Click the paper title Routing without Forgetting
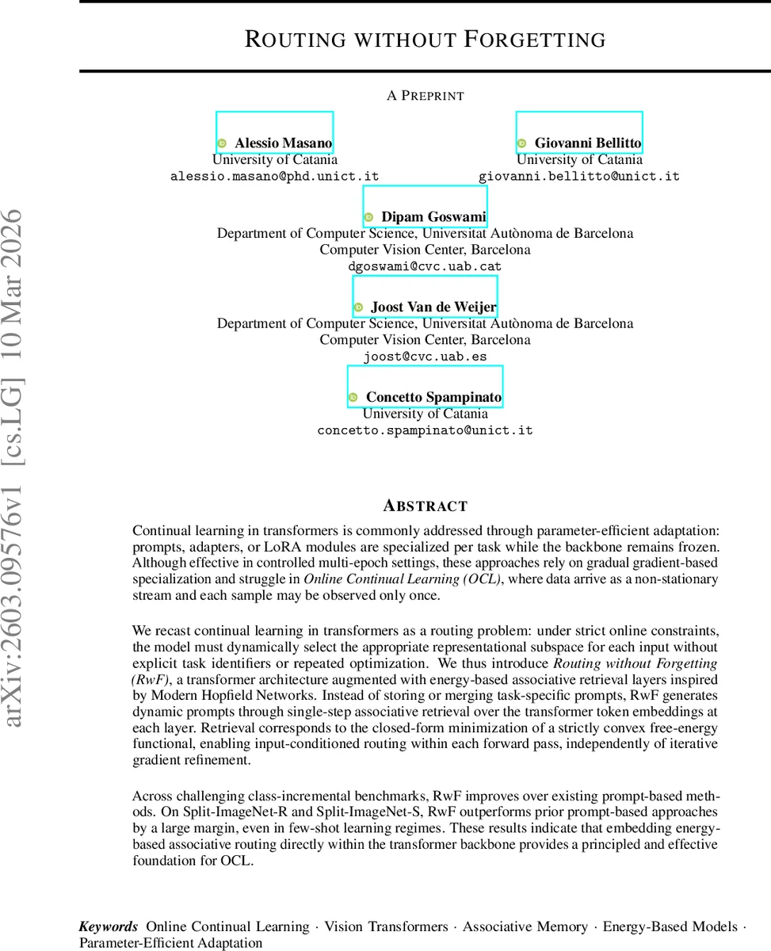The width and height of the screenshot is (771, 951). pos(425,40)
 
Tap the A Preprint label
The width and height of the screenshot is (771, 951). pos(425,96)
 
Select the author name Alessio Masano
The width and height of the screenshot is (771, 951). pos(283,143)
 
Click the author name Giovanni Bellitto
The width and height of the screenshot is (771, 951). pos(587,143)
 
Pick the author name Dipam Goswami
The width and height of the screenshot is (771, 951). pos(433,217)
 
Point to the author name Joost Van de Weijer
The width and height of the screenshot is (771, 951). pos(433,307)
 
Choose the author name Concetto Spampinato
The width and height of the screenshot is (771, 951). pos(433,397)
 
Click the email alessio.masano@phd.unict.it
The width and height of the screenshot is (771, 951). pos(275,177)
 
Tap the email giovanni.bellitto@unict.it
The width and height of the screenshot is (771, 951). pos(579,177)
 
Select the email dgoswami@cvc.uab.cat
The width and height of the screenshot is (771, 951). pos(425,266)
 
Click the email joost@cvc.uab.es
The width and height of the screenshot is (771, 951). pos(425,357)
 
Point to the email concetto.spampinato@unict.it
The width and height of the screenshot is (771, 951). pos(425,431)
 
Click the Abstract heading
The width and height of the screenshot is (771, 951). pos(425,506)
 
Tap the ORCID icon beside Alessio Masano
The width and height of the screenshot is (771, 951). pos(222,143)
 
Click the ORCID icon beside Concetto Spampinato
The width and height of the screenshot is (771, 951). pos(353,397)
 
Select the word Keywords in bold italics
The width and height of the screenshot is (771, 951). pos(109,926)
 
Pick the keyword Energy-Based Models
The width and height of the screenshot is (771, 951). pos(669,926)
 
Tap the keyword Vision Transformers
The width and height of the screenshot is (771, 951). pos(386,926)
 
